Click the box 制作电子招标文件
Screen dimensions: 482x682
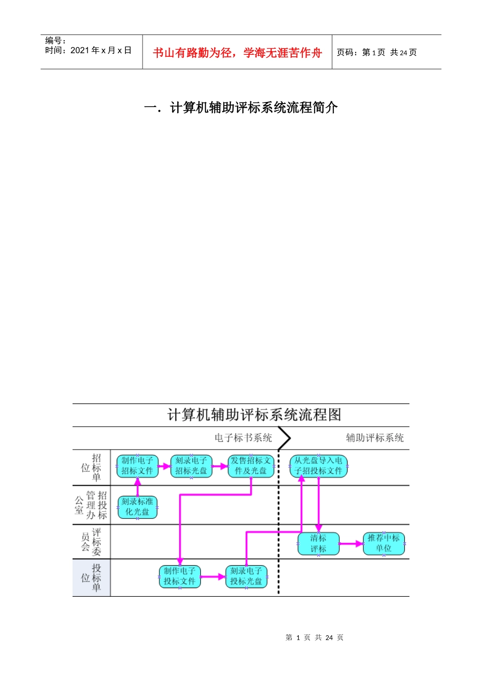(137, 466)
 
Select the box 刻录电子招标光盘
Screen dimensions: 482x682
(191, 466)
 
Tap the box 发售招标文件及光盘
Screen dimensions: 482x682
(251, 466)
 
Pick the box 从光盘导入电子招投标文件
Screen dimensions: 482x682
(319, 466)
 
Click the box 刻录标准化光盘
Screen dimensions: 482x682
(137, 507)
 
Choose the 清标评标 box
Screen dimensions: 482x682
(318, 543)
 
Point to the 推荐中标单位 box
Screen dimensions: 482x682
(384, 543)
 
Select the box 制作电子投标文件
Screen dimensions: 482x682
(180, 576)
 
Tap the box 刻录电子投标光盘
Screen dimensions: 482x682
(246, 576)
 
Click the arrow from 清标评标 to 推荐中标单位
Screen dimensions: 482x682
(351, 543)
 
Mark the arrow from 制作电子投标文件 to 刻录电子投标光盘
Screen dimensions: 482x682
(213, 576)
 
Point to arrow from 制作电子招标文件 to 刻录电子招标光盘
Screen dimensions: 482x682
(164, 466)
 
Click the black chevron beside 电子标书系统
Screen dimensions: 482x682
(285, 438)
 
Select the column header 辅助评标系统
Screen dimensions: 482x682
(374, 438)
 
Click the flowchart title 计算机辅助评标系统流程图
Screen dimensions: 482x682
(254, 415)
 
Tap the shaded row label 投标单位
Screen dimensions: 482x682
(91, 577)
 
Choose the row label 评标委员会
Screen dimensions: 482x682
(91, 541)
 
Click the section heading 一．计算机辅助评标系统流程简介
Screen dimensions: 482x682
(241, 108)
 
